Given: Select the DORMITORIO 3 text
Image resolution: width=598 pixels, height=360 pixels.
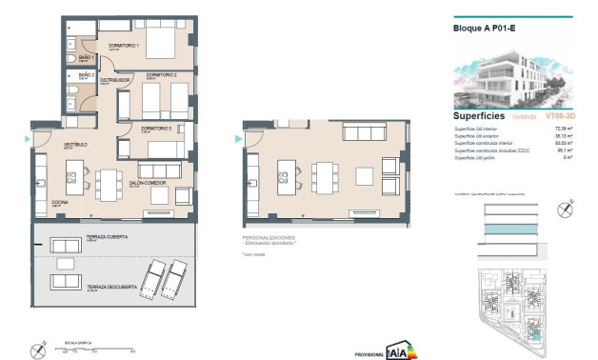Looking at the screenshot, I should pos(155,128).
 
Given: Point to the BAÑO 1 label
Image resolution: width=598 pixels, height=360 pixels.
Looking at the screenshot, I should pos(86,58).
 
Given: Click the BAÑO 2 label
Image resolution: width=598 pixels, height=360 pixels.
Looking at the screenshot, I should pos(86,74).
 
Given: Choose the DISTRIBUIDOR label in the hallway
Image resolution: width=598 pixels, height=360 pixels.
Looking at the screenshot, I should pos(115,81).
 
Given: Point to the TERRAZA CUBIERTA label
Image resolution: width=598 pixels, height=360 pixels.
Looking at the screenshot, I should pos(105,238).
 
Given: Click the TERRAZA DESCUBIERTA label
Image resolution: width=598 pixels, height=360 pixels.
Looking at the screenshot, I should pos(108,287).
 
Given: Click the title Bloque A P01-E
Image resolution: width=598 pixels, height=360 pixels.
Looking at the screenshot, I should pos(484,29).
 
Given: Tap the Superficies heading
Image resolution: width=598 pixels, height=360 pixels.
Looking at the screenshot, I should pos(479,116).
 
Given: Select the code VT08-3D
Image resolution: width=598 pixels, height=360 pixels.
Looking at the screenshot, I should pos(559,116).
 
